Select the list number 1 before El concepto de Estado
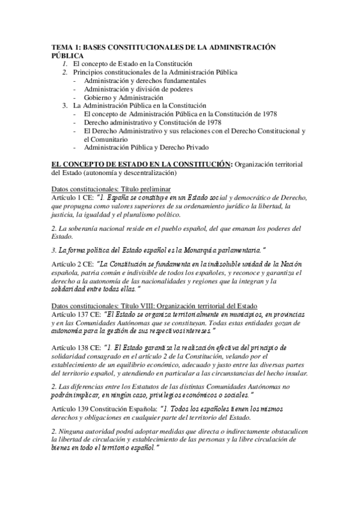point(65,63)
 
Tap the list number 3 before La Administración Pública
point(65,105)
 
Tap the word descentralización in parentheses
point(149,173)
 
